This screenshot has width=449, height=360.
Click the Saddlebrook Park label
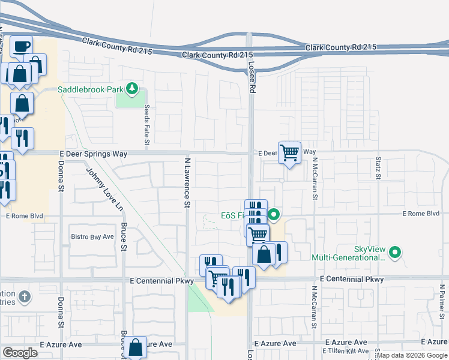(x=90, y=90)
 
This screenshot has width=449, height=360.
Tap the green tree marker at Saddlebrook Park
(x=133, y=90)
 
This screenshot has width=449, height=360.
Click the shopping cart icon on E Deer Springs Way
(x=289, y=153)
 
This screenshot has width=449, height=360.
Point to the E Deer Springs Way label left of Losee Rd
(x=94, y=154)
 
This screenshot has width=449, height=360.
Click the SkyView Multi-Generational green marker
(x=394, y=253)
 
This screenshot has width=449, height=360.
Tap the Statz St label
(x=378, y=169)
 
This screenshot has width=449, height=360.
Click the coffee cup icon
(x=21, y=46)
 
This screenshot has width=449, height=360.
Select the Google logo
(x=20, y=353)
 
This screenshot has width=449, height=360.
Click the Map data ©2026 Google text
(x=412, y=355)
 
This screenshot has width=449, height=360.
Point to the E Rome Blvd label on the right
(x=421, y=214)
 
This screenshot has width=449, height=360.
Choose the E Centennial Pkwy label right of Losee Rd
(x=352, y=280)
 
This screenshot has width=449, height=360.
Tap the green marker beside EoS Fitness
(x=274, y=214)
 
